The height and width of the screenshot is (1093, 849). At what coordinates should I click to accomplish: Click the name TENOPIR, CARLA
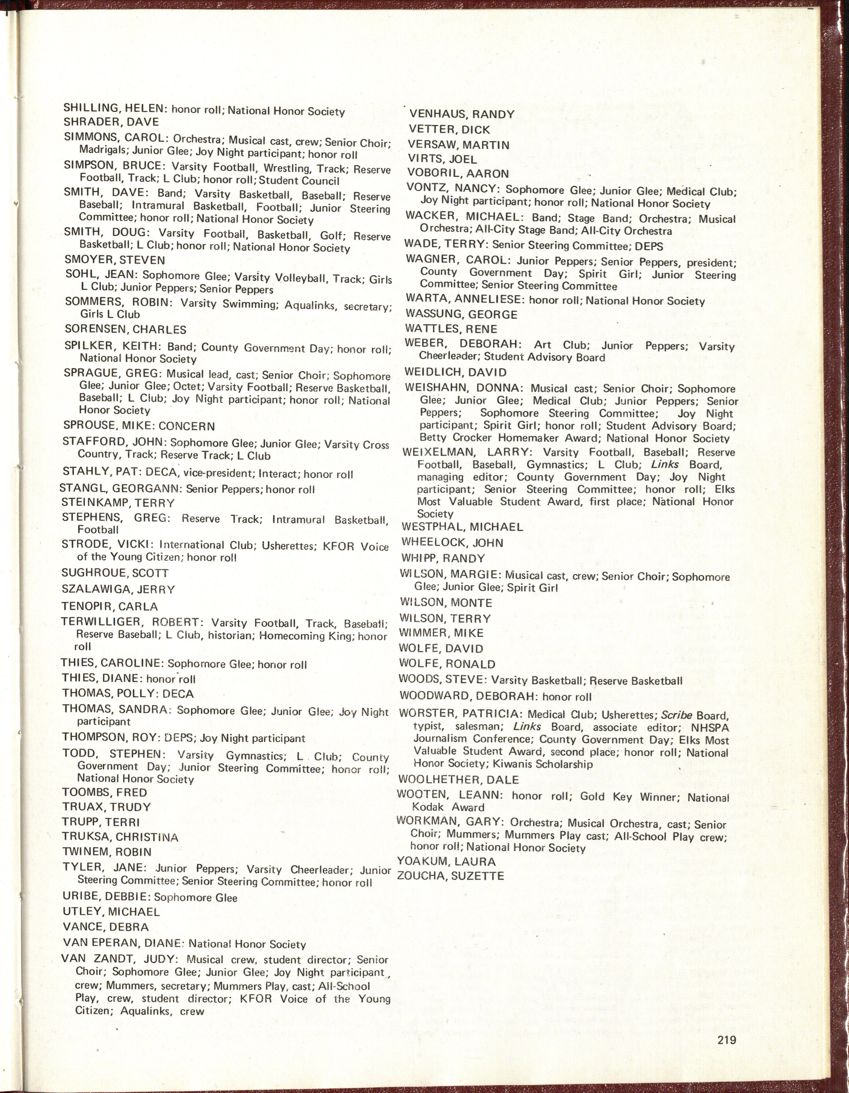109,607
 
